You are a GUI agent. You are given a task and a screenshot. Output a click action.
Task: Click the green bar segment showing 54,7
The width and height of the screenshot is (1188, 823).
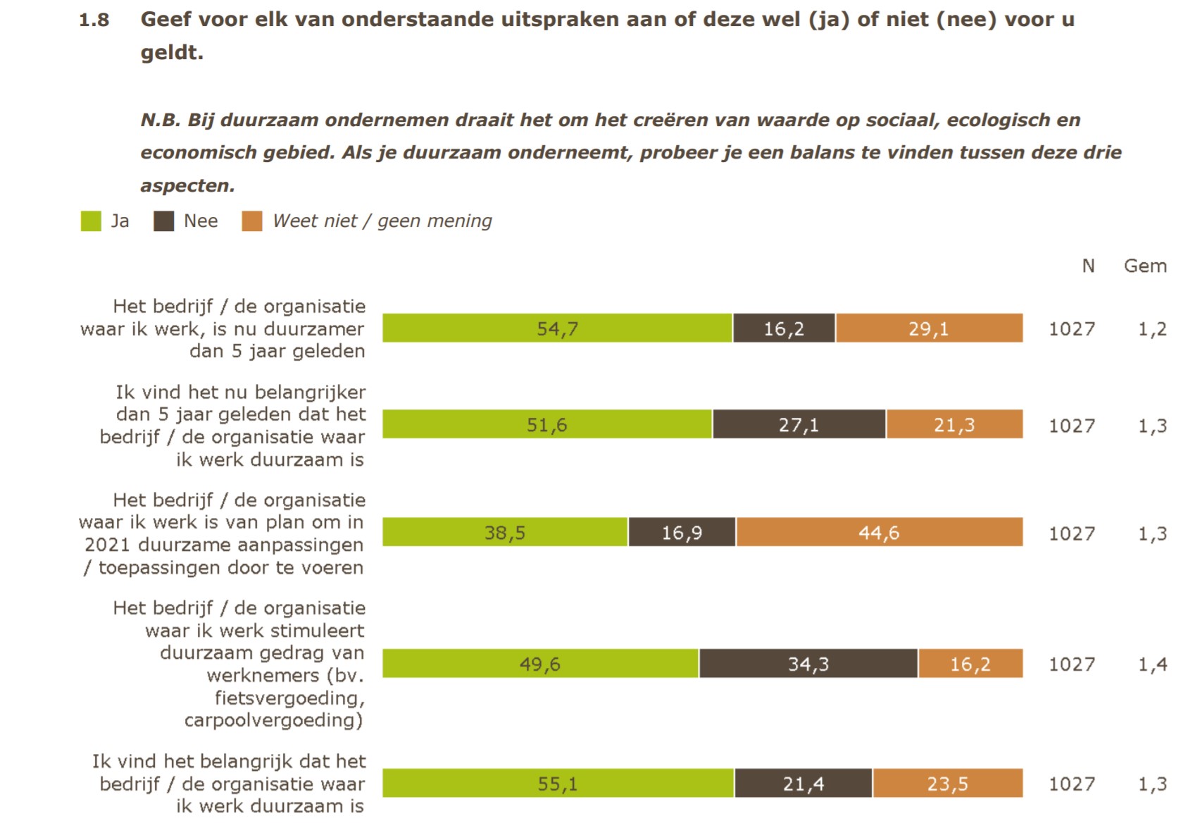(557, 328)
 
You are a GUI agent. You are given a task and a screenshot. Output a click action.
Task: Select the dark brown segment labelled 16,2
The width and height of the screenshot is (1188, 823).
(784, 328)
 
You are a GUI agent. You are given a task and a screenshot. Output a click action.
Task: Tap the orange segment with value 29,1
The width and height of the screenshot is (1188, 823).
(929, 328)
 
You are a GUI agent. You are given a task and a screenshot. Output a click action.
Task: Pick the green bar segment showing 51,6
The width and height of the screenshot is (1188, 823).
(547, 424)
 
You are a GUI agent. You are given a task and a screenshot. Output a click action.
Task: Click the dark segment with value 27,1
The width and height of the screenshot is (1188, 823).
(799, 424)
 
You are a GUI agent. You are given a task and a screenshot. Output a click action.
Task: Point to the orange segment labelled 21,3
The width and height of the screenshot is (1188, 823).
(954, 424)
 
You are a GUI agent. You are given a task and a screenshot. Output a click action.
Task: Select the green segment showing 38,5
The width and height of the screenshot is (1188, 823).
(505, 532)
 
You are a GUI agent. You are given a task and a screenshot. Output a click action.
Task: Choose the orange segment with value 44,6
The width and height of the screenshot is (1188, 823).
(879, 532)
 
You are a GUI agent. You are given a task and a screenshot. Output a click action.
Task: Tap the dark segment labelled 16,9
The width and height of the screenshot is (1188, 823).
(682, 532)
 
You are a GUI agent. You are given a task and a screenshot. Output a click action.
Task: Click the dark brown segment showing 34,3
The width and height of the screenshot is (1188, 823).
(808, 663)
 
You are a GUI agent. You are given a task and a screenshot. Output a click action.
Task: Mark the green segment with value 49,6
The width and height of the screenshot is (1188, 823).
(540, 663)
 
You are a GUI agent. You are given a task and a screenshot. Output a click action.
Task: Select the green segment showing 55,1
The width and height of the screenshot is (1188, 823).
(558, 783)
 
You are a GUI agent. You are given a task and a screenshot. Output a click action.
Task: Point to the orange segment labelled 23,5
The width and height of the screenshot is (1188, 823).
(947, 783)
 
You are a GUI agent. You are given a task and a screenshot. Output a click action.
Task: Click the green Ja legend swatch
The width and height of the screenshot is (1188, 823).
(91, 221)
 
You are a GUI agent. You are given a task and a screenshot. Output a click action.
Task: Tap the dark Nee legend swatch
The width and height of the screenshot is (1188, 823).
(164, 221)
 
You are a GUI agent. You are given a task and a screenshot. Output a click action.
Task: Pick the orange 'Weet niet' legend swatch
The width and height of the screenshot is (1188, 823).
(252, 221)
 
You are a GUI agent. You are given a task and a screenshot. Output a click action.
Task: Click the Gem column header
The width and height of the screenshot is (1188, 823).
(1145, 266)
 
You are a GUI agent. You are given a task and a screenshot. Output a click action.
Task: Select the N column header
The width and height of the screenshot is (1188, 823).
(1088, 266)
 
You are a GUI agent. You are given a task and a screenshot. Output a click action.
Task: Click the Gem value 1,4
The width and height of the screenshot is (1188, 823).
(1153, 664)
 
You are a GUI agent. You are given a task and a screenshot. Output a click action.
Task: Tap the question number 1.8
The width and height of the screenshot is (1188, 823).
(94, 20)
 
